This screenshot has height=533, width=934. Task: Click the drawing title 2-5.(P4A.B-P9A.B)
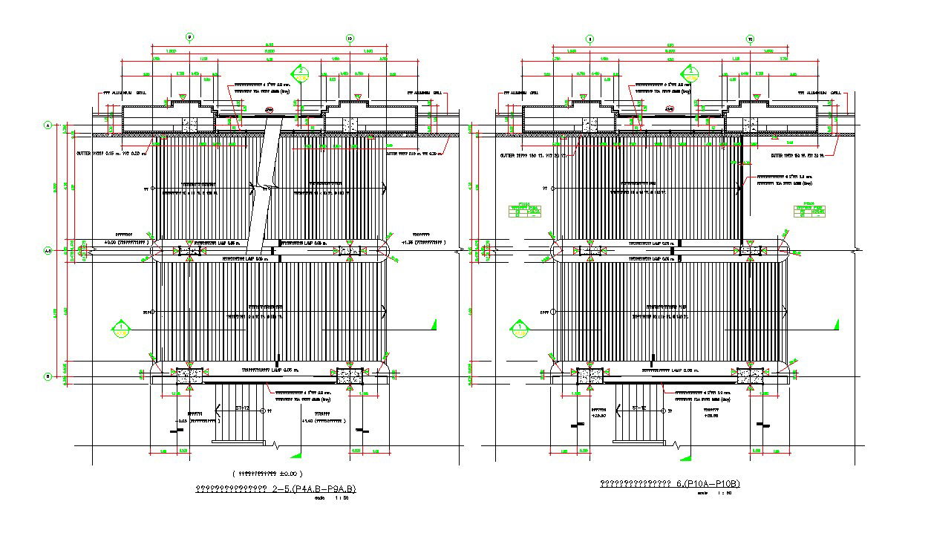275,488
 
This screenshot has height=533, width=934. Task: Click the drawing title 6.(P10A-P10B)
670,484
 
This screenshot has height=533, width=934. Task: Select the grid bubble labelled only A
48,126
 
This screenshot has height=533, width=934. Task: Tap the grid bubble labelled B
48,376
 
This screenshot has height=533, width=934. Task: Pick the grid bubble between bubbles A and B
48,251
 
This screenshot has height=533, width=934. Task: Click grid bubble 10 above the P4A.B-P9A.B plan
350,37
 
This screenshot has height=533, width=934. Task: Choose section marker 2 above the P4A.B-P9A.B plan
301,73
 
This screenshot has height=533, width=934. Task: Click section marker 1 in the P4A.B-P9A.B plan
121,327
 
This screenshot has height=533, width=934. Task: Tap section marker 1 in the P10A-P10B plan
520,327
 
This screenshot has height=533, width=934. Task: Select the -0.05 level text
195,420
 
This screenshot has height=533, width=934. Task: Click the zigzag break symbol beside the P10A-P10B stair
677,445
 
